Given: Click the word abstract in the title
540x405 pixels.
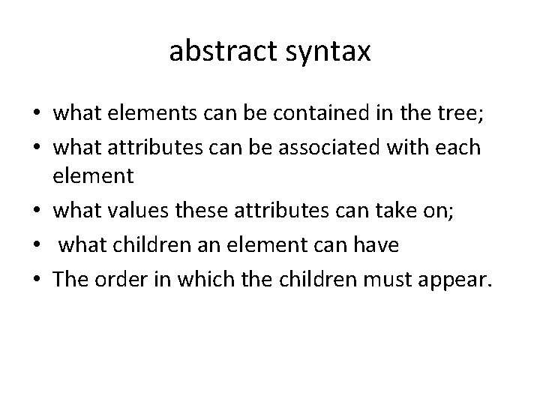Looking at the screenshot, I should (x=218, y=51).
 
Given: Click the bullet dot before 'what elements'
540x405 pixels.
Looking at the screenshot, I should (x=36, y=115).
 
